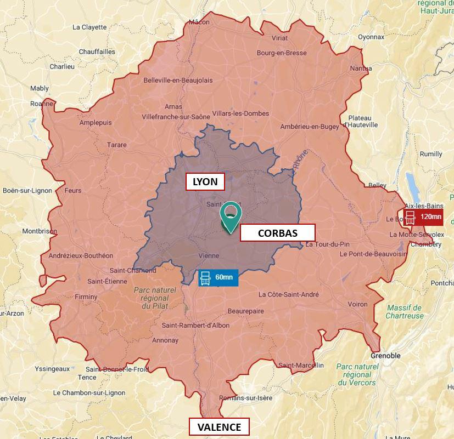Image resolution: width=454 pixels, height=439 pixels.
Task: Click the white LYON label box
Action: (x=205, y=181)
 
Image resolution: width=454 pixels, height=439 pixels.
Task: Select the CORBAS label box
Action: (x=277, y=233)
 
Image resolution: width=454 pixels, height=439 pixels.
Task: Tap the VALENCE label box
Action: (x=219, y=427)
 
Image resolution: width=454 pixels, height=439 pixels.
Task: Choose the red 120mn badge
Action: (x=423, y=216)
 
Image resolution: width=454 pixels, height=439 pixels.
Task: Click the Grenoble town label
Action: (x=385, y=356)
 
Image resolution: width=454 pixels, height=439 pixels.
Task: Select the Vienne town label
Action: (x=209, y=255)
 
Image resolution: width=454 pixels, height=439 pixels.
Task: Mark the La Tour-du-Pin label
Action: (x=327, y=244)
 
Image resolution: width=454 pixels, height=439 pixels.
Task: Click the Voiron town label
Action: (x=358, y=304)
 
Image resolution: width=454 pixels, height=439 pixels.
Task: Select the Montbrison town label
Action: (x=39, y=231)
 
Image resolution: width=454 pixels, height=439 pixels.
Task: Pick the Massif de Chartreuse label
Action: (x=405, y=311)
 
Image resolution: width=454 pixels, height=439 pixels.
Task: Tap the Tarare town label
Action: (x=117, y=145)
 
